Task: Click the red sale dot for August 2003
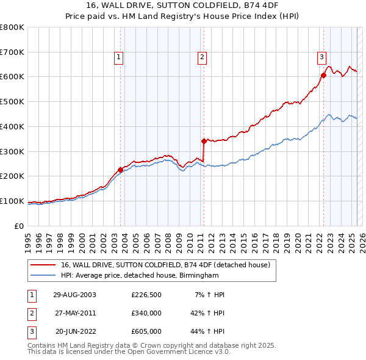coord(121,170)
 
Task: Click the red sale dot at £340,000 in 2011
coord(204,141)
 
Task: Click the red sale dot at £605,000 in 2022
coord(323,75)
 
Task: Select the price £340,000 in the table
coord(146,313)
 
